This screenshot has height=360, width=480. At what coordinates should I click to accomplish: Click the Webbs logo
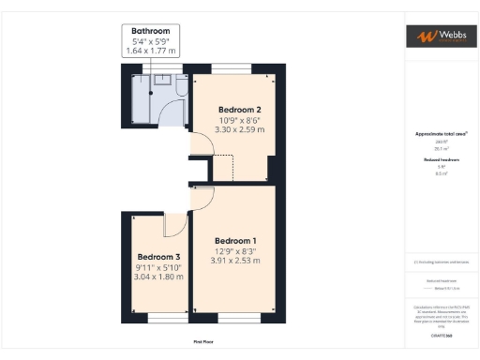(439, 37)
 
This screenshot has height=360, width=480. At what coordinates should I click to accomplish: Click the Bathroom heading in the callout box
(152, 30)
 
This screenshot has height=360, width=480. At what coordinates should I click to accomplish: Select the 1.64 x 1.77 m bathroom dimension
(152, 51)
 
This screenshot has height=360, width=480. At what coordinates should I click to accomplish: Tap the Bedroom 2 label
(239, 109)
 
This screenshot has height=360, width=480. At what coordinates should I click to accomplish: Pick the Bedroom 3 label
(158, 257)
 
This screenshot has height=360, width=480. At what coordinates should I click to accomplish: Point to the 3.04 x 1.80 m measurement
(158, 277)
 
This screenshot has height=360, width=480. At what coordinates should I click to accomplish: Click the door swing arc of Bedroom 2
(201, 144)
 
